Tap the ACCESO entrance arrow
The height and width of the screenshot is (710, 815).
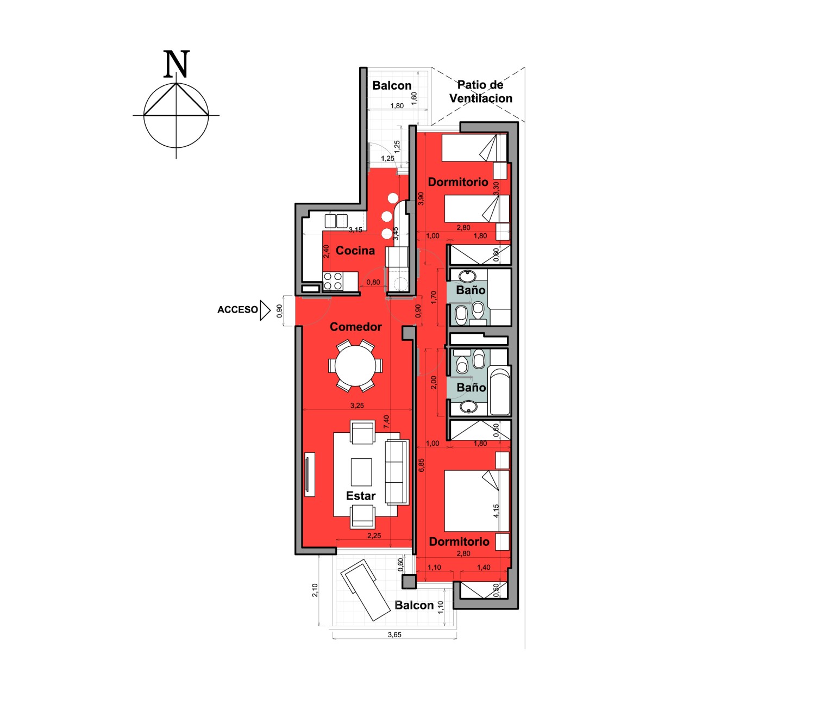click(x=265, y=310)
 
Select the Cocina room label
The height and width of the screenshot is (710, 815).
click(x=355, y=250)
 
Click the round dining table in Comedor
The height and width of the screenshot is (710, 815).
click(x=355, y=365)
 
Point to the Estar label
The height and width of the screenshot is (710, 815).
click(x=360, y=496)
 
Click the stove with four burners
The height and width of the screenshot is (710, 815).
click(x=333, y=281)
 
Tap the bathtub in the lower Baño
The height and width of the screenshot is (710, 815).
click(x=499, y=392)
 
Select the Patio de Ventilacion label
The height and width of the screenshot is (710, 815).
click(x=480, y=91)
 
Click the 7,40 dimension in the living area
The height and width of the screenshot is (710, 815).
click(x=386, y=421)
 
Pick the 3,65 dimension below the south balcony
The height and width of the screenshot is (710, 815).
click(x=394, y=634)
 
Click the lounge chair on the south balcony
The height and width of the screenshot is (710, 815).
click(x=365, y=590)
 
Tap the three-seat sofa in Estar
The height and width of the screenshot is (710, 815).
click(x=397, y=472)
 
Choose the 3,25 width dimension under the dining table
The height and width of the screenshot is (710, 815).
click(x=357, y=406)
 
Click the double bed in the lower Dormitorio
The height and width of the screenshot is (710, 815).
click(x=477, y=501)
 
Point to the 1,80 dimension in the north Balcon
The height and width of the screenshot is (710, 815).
click(x=397, y=105)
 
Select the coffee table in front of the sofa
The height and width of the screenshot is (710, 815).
click(x=361, y=472)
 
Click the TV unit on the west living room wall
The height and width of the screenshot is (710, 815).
click(x=310, y=474)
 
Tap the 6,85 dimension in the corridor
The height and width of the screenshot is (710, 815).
click(x=422, y=465)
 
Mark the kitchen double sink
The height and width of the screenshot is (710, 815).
click(x=336, y=221)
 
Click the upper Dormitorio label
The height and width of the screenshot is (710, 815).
click(x=457, y=182)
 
